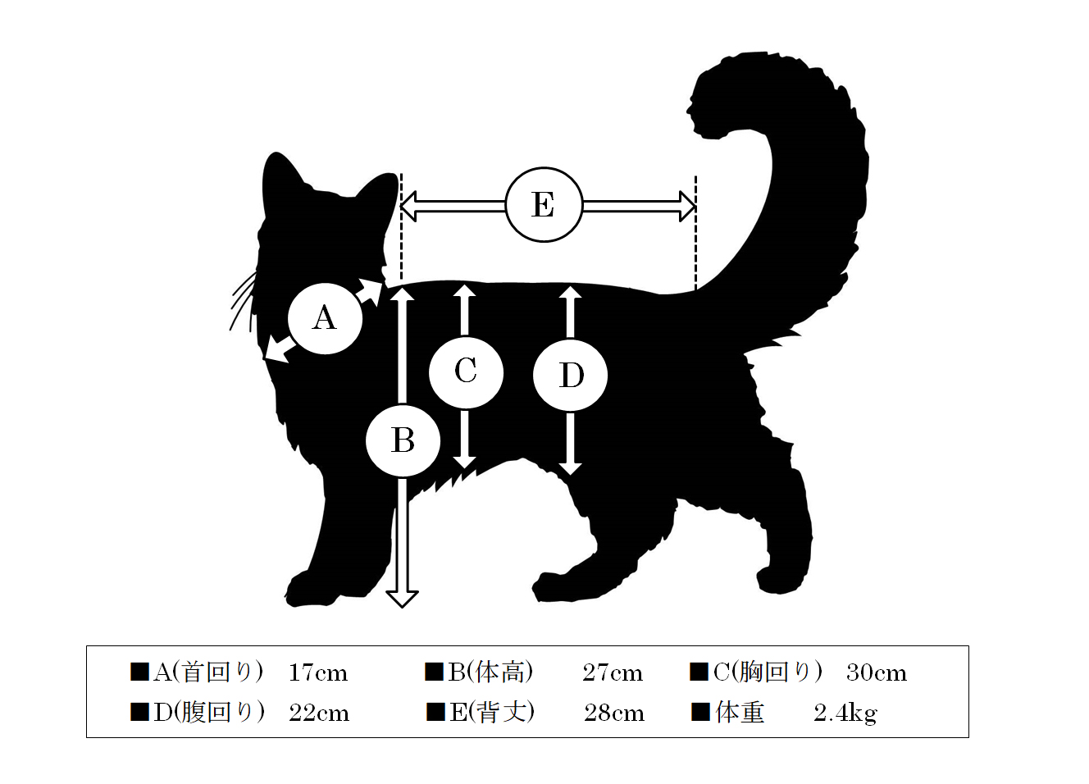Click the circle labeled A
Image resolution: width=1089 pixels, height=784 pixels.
pos(325,319)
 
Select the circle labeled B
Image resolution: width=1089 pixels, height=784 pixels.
pos(403,441)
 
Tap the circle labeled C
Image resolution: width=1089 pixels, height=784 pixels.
pos(466,372)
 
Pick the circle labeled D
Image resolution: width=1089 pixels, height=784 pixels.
pos(570,375)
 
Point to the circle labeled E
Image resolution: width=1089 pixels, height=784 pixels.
pos(544,205)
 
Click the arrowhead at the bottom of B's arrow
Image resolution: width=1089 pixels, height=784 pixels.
pos(402,599)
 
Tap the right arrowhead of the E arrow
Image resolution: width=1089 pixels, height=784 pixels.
pos(687,206)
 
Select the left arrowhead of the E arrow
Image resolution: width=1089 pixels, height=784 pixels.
pos(408,206)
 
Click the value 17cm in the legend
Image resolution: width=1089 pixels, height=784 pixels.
pos(318,673)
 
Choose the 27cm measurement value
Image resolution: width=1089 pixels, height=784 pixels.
pos(613,673)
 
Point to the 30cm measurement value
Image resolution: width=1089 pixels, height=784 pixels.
pos(877,673)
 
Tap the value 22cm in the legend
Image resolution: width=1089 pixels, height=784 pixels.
pos(319,713)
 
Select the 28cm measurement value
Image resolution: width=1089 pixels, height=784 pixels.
pos(614,713)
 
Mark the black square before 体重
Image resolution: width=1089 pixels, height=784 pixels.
pos(700,712)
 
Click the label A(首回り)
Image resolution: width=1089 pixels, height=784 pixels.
pos(208,672)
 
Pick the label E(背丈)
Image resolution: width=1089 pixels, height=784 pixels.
pos(492,713)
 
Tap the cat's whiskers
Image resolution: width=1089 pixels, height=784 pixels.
pos(243,301)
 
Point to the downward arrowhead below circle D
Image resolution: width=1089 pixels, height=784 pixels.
pos(570,468)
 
